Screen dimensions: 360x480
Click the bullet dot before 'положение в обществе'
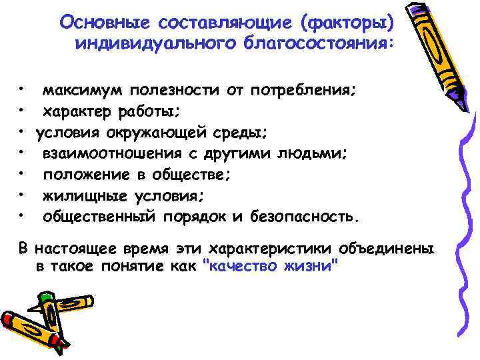[x=22, y=172]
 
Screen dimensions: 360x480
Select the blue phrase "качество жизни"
[x=269, y=265]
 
